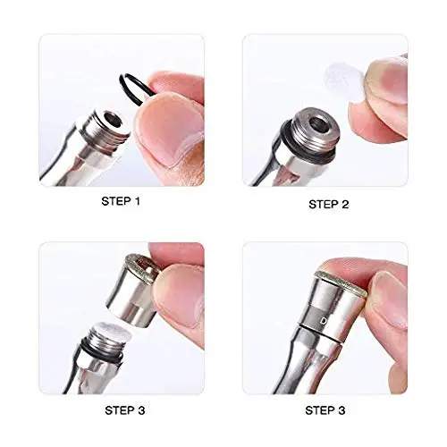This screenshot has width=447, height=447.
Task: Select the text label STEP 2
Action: [329, 204]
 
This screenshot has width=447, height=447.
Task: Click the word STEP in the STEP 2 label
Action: [323, 204]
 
